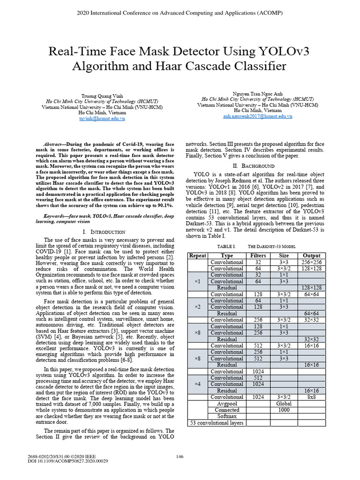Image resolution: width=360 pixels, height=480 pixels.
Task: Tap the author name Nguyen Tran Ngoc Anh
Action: coord(258,94)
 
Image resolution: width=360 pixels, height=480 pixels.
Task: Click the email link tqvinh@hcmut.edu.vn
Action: coord(102,119)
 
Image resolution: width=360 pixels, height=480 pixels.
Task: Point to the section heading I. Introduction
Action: coord(104,232)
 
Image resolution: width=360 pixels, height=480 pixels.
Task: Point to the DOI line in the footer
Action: coord(68,461)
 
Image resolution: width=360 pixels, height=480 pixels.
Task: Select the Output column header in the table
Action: coord(312,255)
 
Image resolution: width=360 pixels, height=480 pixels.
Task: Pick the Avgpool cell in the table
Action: coord(227,403)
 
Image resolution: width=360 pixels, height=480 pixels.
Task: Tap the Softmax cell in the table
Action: coord(227,416)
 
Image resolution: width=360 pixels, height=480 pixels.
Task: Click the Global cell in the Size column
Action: coord(284,403)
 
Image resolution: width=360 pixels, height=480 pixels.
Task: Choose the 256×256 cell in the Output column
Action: coord(312,262)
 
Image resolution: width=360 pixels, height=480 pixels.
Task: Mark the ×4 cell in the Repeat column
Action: coord(197,384)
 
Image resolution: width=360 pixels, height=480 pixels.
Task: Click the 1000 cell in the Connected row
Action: coord(284,410)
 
